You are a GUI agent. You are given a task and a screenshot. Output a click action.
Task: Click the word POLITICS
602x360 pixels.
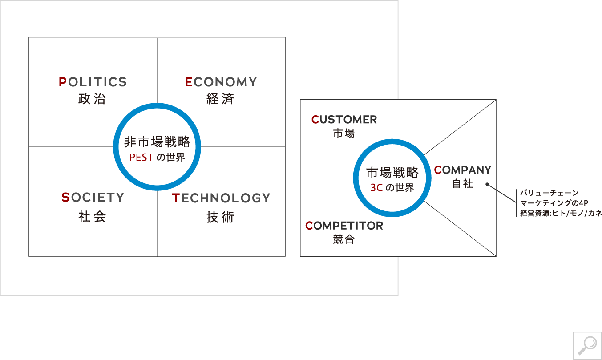93,82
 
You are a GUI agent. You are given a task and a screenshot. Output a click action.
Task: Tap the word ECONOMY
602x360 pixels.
221,82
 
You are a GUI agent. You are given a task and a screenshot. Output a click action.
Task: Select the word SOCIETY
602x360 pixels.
93,198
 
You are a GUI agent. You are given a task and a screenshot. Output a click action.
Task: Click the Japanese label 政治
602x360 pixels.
92,99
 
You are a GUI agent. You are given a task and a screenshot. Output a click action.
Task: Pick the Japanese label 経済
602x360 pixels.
220,99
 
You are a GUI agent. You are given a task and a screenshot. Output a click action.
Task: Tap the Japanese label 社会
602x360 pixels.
92,217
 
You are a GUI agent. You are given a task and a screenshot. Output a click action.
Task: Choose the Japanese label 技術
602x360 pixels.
220,217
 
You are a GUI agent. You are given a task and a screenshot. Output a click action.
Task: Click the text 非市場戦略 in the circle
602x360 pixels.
157,142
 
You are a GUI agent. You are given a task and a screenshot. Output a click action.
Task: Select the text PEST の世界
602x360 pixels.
157,158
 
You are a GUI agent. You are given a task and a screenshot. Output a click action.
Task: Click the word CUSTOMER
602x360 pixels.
344,120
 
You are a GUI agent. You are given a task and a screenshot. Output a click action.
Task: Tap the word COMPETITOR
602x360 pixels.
344,226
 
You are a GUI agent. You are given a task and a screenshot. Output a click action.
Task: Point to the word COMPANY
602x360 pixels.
462,170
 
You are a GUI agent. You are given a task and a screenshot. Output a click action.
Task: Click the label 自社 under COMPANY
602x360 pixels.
462,184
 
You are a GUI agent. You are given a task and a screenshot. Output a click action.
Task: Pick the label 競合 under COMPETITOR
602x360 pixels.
344,239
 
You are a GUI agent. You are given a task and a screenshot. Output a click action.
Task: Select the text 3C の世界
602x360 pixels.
392,188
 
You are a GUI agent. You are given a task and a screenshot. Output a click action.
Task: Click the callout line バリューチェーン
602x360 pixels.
549,193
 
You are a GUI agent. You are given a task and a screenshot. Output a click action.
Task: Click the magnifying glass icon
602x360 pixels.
587,345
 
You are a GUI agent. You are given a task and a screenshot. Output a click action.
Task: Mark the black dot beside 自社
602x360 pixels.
487,184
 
